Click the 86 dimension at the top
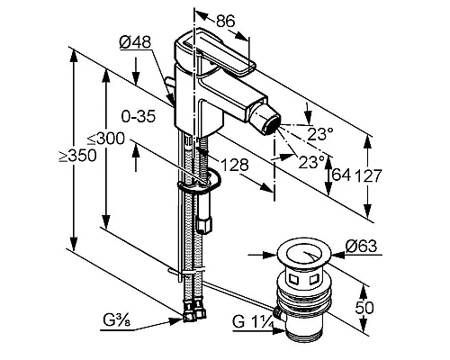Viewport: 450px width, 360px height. [x=226, y=22]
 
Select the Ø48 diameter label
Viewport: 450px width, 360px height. [x=135, y=42]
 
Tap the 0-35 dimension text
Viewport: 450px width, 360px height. [x=139, y=116]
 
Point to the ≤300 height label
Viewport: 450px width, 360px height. [x=106, y=139]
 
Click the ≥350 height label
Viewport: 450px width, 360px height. [x=77, y=156]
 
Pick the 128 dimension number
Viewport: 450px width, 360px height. [x=235, y=165]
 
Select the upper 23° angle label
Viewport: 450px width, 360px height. [x=320, y=134]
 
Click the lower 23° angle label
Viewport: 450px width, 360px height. [x=311, y=162]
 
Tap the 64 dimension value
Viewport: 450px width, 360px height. [x=341, y=175]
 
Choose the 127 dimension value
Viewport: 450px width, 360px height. [x=368, y=175]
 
